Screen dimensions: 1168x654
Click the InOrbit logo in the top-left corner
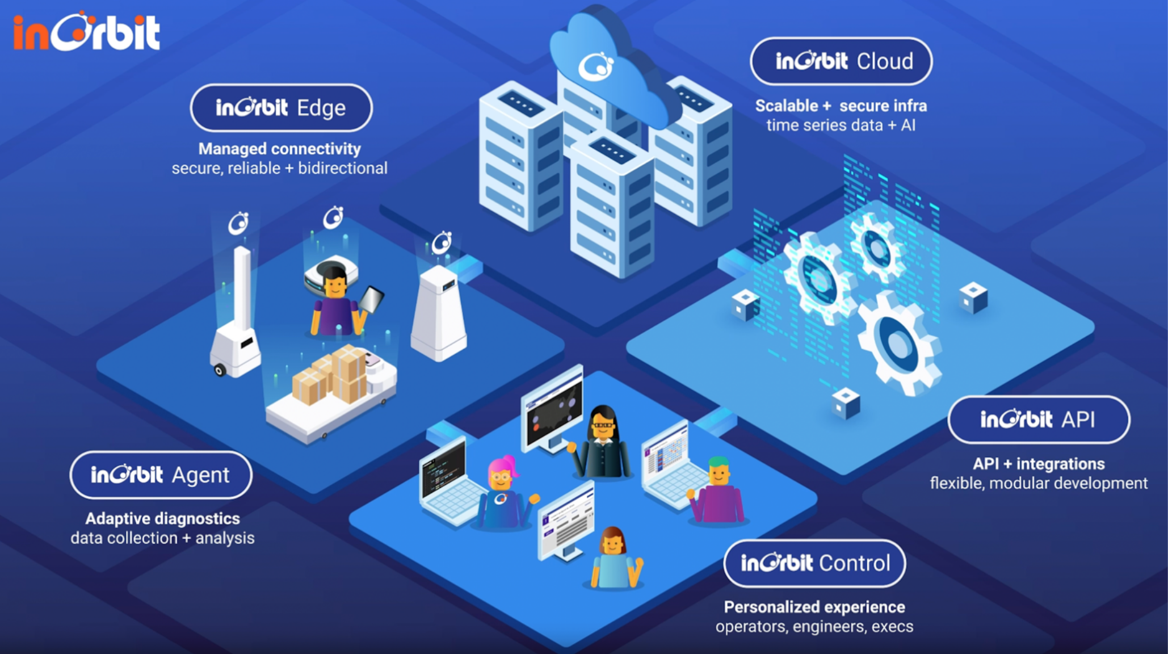(86, 32)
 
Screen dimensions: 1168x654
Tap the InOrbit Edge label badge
(281, 108)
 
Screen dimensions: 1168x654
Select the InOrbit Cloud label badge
(841, 61)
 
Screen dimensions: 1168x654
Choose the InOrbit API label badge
(1038, 420)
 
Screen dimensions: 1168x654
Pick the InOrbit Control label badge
(814, 563)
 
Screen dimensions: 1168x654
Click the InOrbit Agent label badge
(161, 475)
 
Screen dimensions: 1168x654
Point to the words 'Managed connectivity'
(279, 149)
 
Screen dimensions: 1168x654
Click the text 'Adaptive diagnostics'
(162, 518)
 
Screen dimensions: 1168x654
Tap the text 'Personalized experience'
(814, 607)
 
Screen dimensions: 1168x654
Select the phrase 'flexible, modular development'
(1038, 483)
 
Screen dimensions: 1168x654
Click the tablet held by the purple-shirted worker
(371, 299)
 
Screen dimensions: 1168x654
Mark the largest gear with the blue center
(897, 343)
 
